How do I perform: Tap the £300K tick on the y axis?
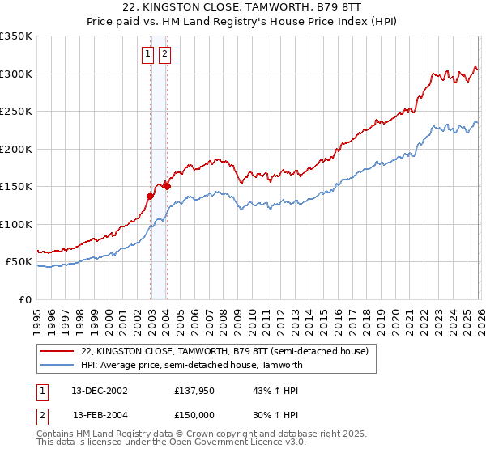[16, 74]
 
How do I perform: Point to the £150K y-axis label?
[16, 187]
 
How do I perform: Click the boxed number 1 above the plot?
[148, 54]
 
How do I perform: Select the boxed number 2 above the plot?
[164, 54]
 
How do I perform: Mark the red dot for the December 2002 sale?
[151, 195]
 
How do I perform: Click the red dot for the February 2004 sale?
[167, 186]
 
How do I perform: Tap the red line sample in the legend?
[58, 351]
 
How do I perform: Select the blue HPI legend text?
[191, 365]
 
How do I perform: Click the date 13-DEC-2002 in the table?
[100, 391]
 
